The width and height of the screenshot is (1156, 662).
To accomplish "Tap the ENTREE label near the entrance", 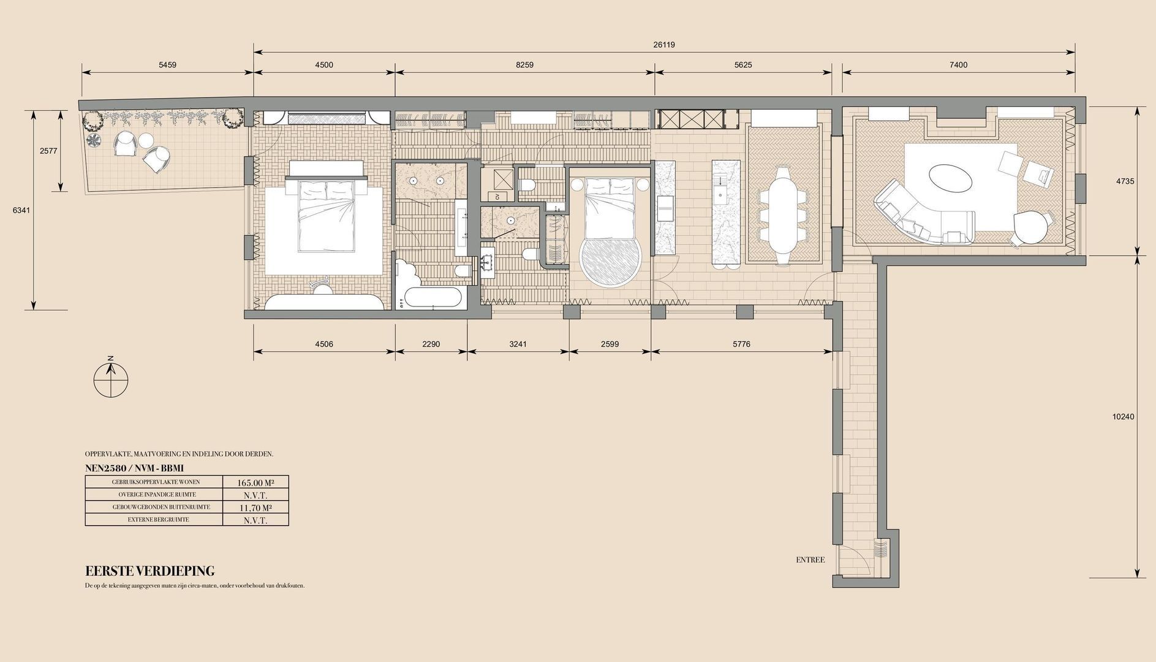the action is tap(810, 560).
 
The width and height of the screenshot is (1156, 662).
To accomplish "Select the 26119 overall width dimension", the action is tap(664, 45).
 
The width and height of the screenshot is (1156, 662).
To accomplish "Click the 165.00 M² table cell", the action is tap(255, 482).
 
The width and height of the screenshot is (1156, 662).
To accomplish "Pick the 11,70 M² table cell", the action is tap(255, 508).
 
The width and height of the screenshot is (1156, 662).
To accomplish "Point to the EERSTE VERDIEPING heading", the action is tap(150, 571).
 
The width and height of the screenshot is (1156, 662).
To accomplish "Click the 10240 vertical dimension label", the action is tap(1123, 417).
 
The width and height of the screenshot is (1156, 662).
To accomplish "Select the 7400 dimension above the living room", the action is tap(958, 64).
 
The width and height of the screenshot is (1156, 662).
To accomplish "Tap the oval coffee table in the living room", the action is tap(950, 180).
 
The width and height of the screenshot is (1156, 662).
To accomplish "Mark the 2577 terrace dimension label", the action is tap(48, 151).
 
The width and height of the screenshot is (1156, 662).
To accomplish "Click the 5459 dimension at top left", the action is tap(167, 64).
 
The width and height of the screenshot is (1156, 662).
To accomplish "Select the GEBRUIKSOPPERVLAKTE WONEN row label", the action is tap(156, 482).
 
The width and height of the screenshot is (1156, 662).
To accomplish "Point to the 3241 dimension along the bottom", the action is tap(518, 344).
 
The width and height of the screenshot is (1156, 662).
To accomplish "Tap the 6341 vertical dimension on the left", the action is tap(21, 210).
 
